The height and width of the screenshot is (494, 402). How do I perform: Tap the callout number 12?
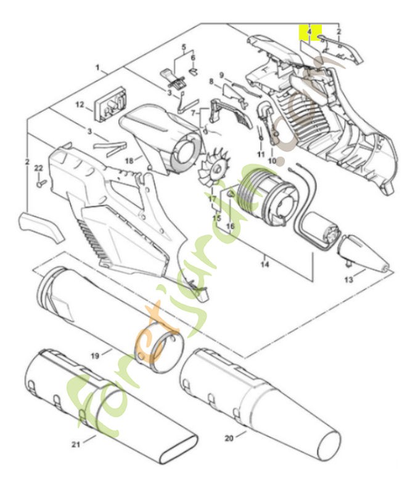(x=80, y=105)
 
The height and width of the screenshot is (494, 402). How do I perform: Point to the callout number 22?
(x=38, y=168)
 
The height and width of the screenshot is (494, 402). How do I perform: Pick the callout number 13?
(x=348, y=280)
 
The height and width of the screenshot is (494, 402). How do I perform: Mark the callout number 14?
(x=266, y=265)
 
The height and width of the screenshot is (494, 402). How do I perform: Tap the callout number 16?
(x=231, y=226)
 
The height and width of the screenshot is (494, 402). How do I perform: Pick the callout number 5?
(x=183, y=47)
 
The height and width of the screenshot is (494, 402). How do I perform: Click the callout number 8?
(x=211, y=82)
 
